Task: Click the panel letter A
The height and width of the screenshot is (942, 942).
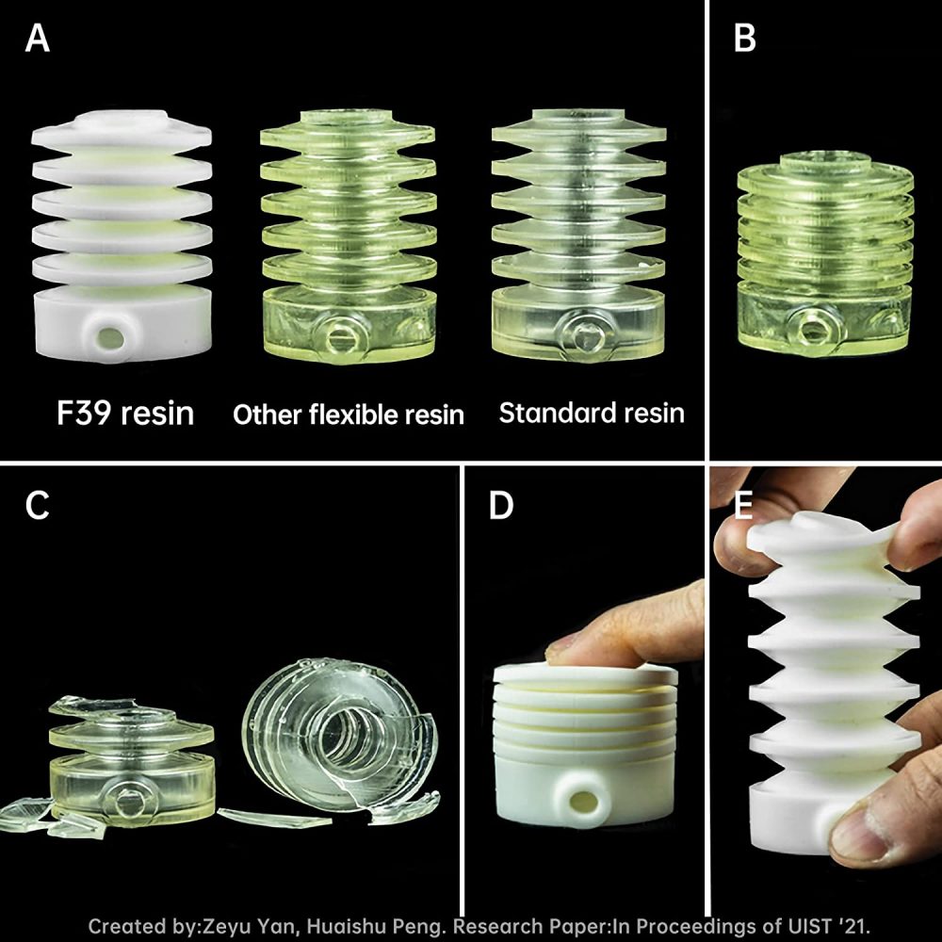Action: click(38, 40)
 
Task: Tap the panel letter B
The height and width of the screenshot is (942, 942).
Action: click(745, 40)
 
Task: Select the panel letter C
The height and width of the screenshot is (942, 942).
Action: click(38, 505)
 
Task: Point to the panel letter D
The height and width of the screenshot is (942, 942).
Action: click(501, 505)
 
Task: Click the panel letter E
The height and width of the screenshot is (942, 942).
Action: click(743, 505)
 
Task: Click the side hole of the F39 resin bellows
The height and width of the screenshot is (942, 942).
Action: click(109, 338)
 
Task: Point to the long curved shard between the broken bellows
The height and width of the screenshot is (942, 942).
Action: click(273, 818)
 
